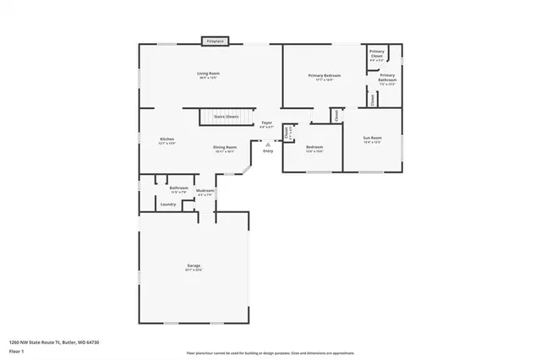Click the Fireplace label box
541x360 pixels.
click(x=214, y=41)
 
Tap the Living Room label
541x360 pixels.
click(x=209, y=74)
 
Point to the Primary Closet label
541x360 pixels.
click(x=377, y=54)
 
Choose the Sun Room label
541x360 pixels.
click(x=373, y=137)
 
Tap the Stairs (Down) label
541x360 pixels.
click(x=227, y=116)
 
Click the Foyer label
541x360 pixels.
click(x=266, y=123)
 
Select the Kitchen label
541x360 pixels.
click(x=167, y=139)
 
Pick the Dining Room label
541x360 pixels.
click(x=224, y=147)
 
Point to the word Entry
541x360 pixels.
click(x=269, y=151)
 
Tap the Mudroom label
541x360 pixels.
click(x=205, y=191)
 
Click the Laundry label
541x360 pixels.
click(x=167, y=204)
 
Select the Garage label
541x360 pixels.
click(x=194, y=266)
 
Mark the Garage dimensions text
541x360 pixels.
click(x=194, y=271)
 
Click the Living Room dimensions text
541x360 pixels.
click(x=209, y=79)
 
